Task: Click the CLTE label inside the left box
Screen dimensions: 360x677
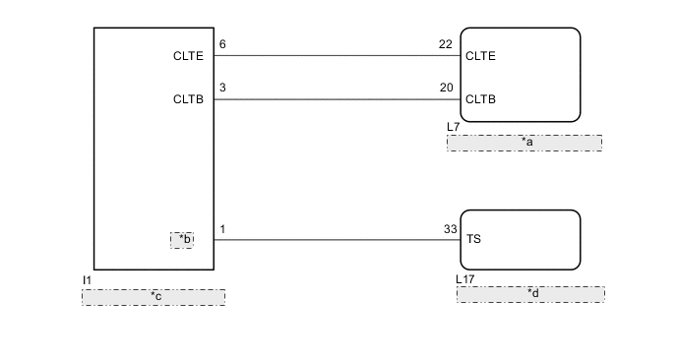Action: pyautogui.click(x=188, y=56)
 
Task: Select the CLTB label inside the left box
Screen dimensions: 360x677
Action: pyautogui.click(x=188, y=99)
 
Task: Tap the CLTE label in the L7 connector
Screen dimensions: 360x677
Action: pyautogui.click(x=480, y=56)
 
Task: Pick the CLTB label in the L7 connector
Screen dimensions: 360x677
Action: pyautogui.click(x=480, y=99)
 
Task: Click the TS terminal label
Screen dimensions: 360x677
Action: pyautogui.click(x=473, y=239)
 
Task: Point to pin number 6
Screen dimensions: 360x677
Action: pyautogui.click(x=223, y=45)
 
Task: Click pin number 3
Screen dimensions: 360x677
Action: pyautogui.click(x=223, y=89)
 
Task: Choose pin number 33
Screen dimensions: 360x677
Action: pyautogui.click(x=451, y=229)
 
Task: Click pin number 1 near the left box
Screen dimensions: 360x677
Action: pyautogui.click(x=222, y=229)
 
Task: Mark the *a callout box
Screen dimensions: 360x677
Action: pyautogui.click(x=524, y=143)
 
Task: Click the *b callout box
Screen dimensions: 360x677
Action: pyautogui.click(x=182, y=239)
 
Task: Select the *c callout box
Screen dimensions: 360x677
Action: pyautogui.click(x=154, y=297)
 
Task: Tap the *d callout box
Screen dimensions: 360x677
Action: pyautogui.click(x=530, y=294)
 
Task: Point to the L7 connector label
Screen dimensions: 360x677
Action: pyautogui.click(x=454, y=128)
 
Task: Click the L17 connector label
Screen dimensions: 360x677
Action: pyautogui.click(x=465, y=279)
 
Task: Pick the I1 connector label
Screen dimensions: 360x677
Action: pyautogui.click(x=87, y=280)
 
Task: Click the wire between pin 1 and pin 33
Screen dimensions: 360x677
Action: pyautogui.click(x=335, y=239)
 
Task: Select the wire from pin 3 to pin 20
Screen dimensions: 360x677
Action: pyautogui.click(x=335, y=99)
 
